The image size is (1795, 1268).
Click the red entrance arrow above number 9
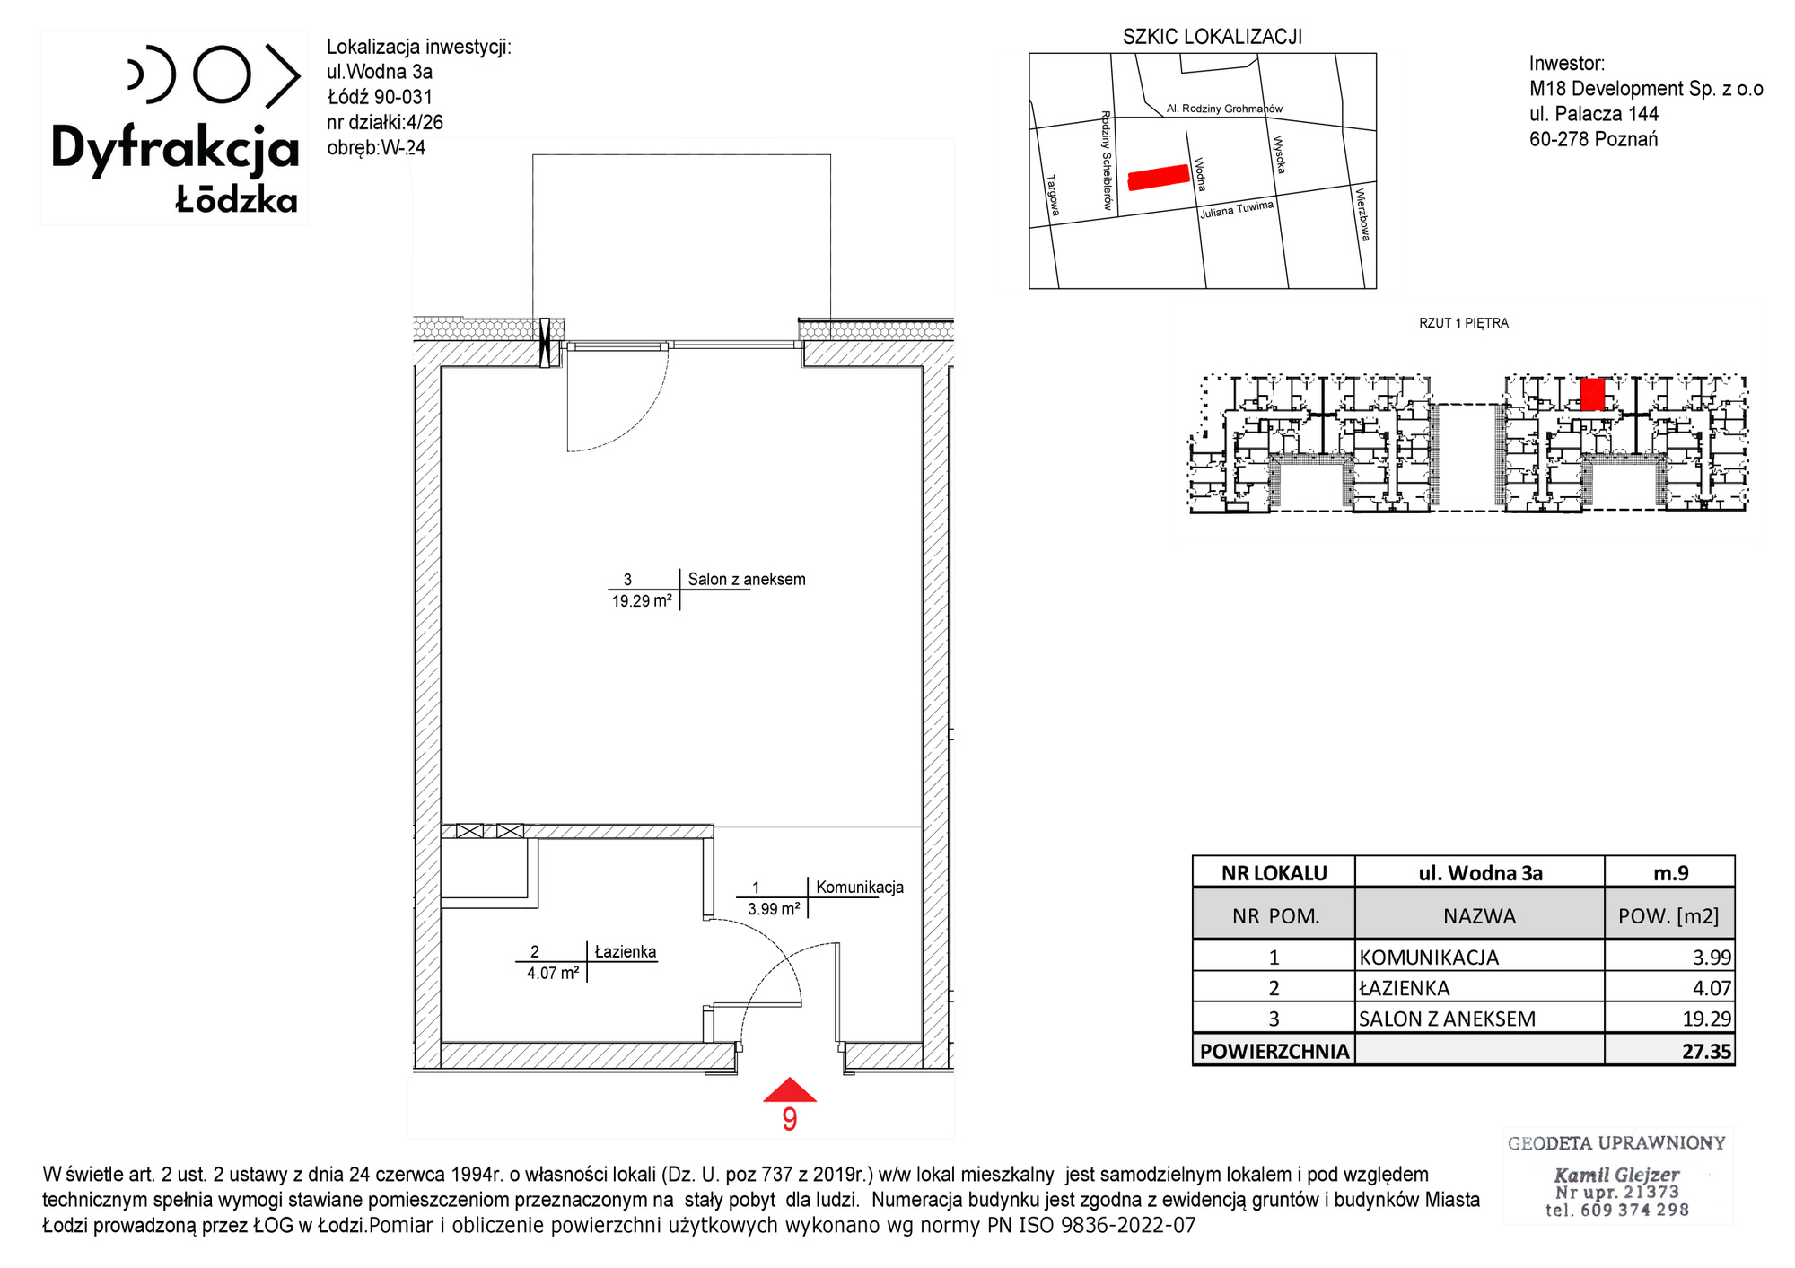pos(790,1090)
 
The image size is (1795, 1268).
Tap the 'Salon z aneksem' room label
pos(747,580)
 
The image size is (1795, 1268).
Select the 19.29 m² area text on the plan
pos(642,601)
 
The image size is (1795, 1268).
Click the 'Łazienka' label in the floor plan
pos(626,952)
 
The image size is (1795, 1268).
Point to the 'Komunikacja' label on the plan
pos(860,888)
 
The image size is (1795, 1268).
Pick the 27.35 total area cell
pos(1706,1052)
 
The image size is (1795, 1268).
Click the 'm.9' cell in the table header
pos(1670,873)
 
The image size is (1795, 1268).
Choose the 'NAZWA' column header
pos(1479,916)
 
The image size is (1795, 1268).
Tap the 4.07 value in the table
pos(1712,988)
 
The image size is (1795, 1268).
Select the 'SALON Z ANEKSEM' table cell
pos(1447,1019)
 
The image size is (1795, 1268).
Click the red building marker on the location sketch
pos(1159,177)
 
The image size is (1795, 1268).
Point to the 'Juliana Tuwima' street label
pos(1237,210)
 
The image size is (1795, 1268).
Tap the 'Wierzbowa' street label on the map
pos(1362,214)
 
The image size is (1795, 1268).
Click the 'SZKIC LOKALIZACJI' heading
pos(1213,37)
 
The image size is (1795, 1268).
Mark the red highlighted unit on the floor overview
pos(1592,394)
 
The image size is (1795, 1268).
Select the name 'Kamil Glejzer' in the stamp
pos(1616,1175)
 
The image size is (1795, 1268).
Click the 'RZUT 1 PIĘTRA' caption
pos(1464,323)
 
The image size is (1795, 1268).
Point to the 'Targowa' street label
pos(1054,195)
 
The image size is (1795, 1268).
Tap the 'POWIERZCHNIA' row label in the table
pos(1274,1052)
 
